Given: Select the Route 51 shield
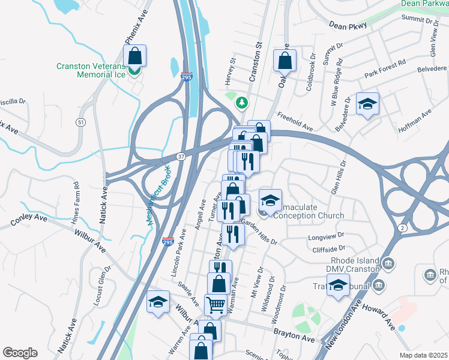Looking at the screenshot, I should (80, 122).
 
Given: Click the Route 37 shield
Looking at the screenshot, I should (181, 156).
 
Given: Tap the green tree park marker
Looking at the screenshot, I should (243, 103).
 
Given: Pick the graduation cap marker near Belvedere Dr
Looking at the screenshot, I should (367, 104).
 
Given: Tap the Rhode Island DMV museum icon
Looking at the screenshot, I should (387, 263).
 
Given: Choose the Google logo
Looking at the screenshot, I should (20, 352).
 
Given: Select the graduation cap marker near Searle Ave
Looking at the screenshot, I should (158, 302).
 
